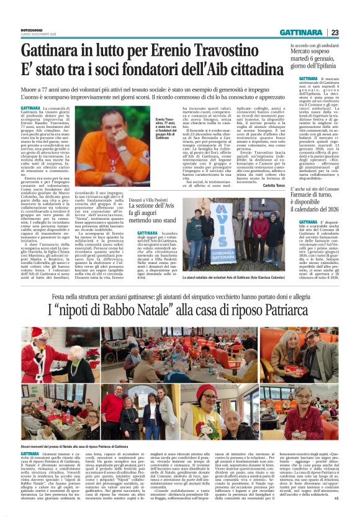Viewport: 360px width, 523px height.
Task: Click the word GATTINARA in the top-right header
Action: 301,33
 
